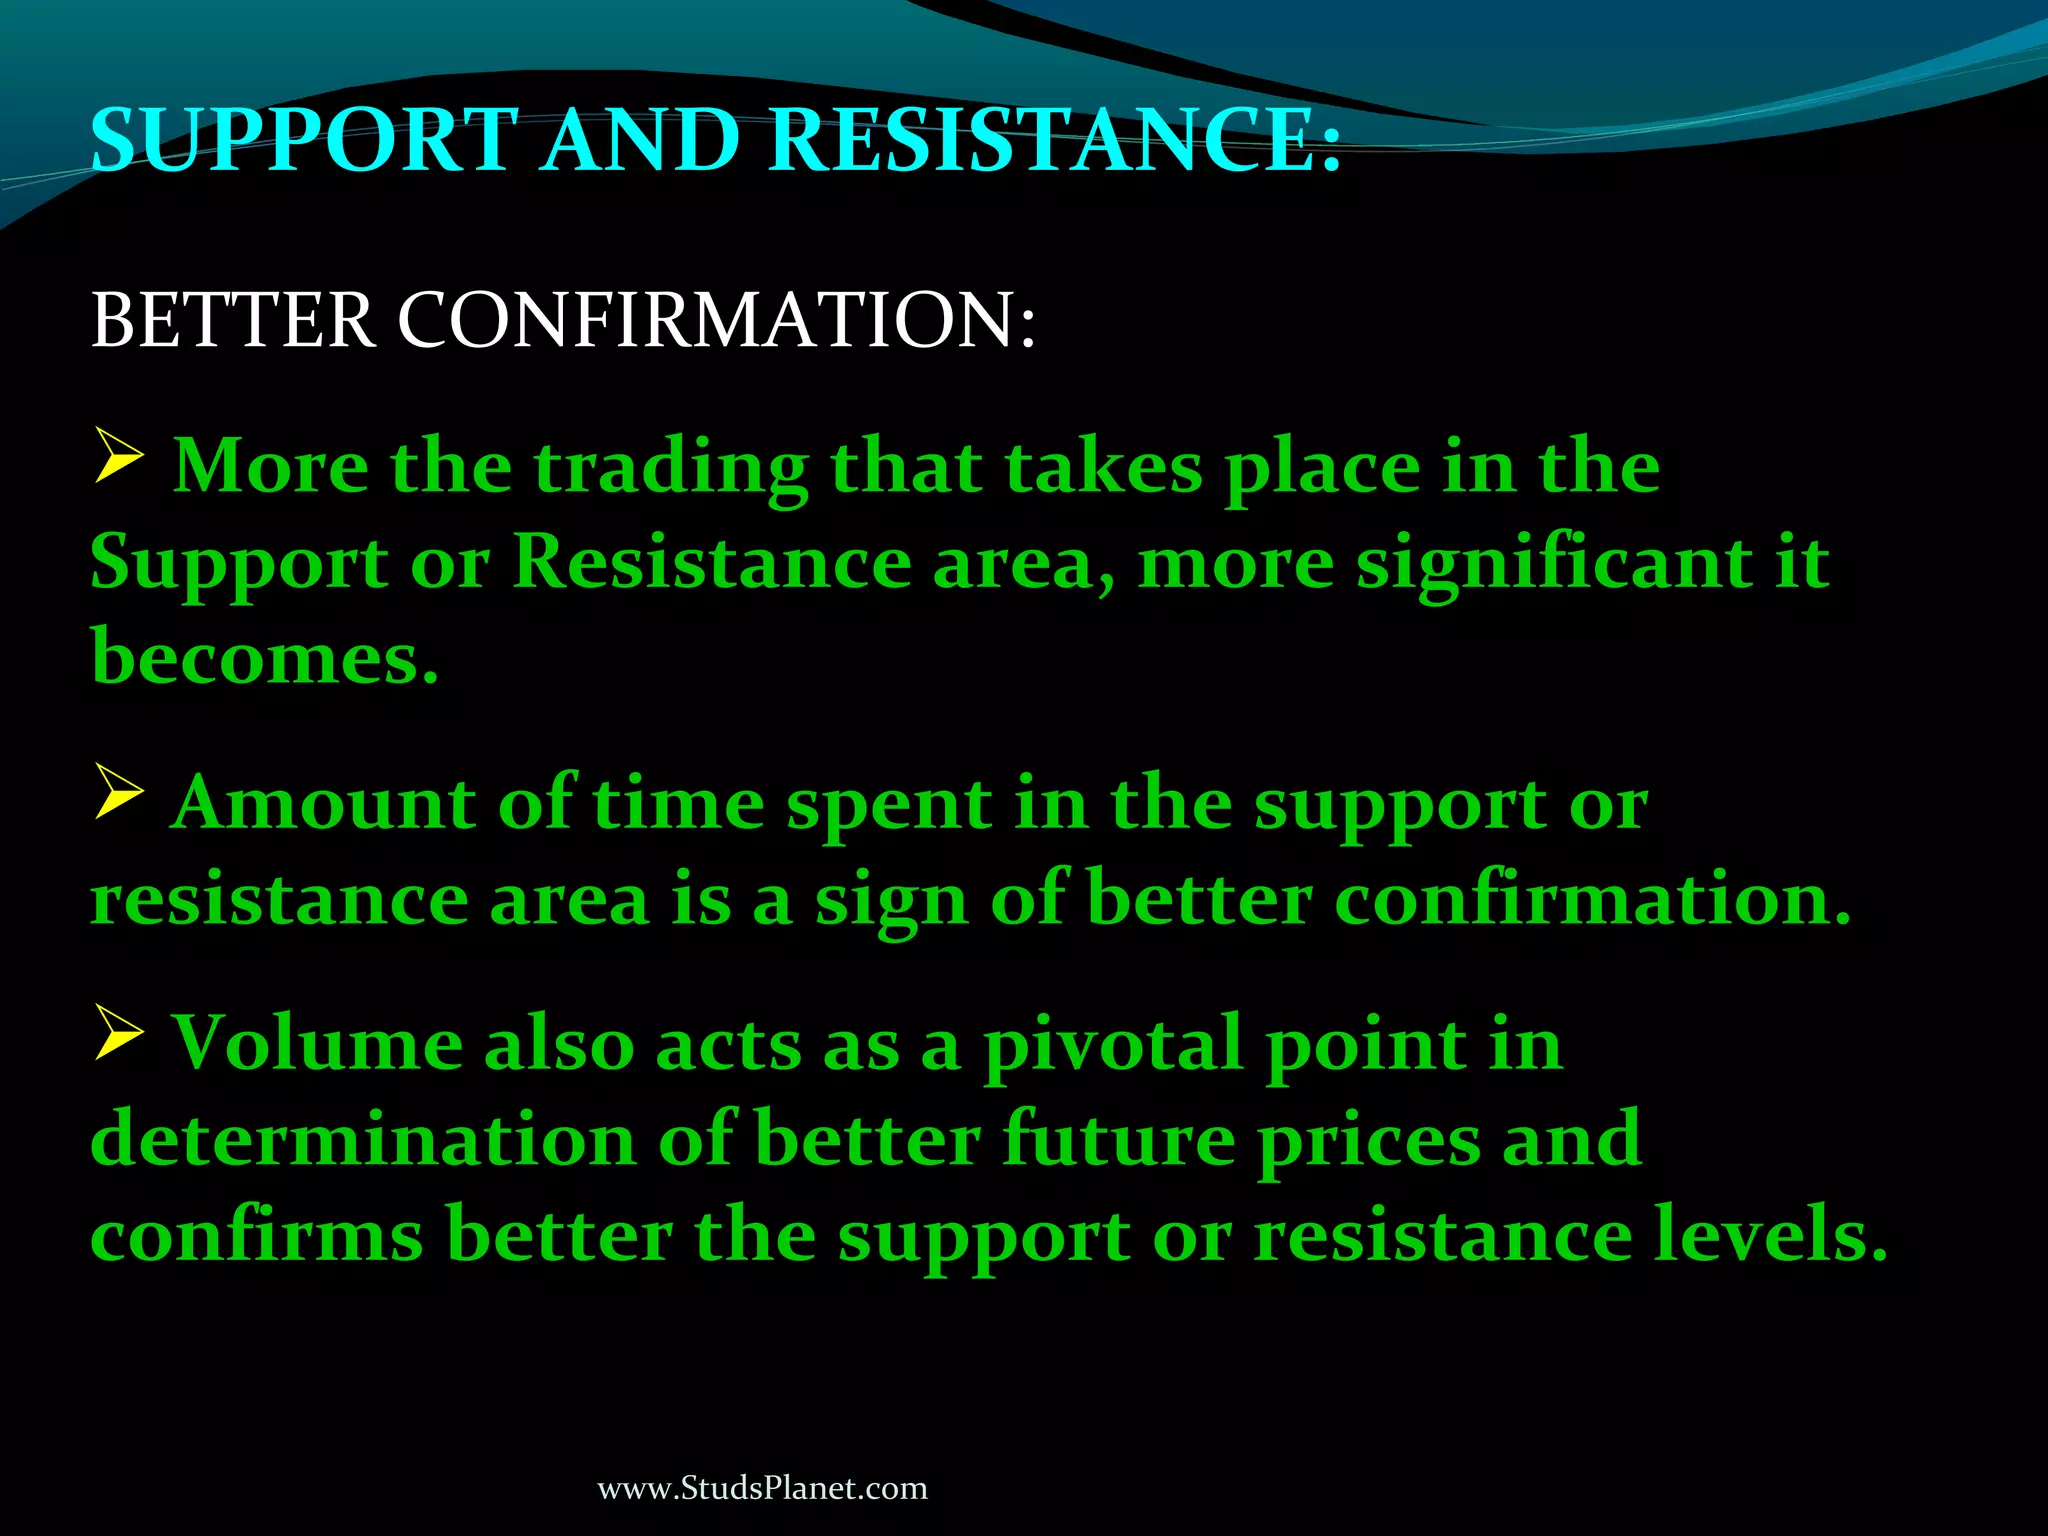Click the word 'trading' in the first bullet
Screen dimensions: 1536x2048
[670, 470]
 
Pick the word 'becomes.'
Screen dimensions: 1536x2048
[265, 657]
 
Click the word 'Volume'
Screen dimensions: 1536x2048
[318, 1043]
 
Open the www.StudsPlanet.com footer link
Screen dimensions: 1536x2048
[762, 1488]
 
